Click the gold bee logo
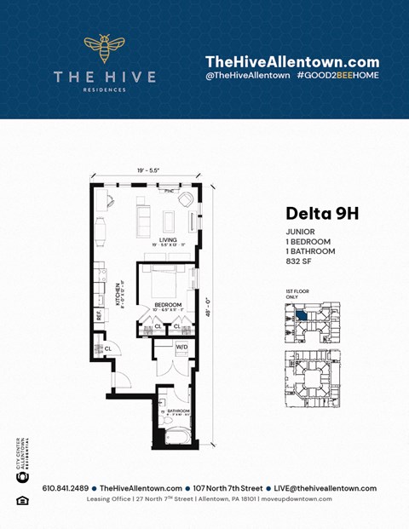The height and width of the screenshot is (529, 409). pos(104,49)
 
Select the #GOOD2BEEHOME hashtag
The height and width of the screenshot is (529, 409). pos(337,76)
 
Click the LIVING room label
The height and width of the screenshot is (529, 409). pos(167,240)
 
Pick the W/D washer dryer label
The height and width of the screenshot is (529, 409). pos(181,347)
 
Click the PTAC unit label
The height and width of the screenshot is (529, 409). pos(170,191)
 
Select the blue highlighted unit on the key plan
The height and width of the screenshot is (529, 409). pos(303,311)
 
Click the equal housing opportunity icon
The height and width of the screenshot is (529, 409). pos(22,500)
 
